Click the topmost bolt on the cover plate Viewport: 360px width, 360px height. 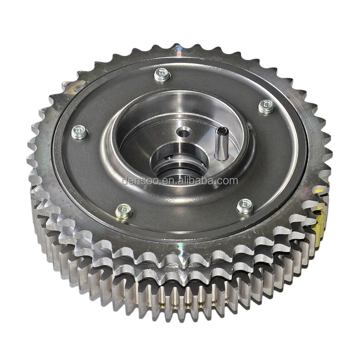coord(162,75)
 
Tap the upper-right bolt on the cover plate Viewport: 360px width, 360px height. coord(266,107)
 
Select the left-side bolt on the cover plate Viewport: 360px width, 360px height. coord(79,132)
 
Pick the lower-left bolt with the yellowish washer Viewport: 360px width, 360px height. coord(124,211)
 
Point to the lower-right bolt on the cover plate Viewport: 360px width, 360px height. coord(245,206)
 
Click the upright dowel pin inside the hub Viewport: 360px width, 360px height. coord(221,144)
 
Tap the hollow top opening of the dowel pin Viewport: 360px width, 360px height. coord(221,131)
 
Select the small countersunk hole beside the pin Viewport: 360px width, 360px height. coord(183,132)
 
